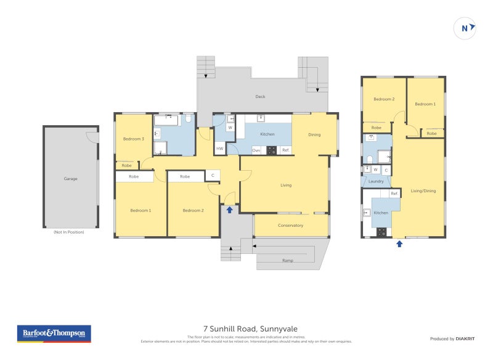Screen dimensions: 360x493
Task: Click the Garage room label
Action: click(x=71, y=179)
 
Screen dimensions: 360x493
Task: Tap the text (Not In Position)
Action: click(x=69, y=232)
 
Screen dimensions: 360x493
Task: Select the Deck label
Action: click(x=261, y=97)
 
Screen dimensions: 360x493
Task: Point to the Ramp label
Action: click(x=287, y=261)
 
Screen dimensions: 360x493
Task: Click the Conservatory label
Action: click(x=290, y=225)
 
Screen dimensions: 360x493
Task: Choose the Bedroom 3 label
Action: click(x=133, y=139)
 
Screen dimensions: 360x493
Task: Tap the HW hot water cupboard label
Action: click(x=219, y=149)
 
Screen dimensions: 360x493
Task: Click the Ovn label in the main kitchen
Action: click(x=256, y=150)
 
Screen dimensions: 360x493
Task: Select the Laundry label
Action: click(x=376, y=181)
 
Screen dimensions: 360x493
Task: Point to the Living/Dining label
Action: click(x=423, y=191)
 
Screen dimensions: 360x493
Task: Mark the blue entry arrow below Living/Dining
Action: click(x=399, y=243)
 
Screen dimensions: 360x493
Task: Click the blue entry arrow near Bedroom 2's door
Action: click(x=229, y=210)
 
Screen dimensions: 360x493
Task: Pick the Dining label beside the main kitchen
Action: click(x=314, y=134)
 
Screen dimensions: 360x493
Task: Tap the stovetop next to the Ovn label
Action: click(x=271, y=150)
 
